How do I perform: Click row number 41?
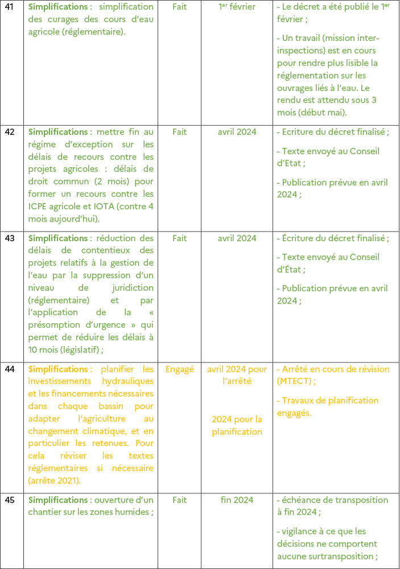tap(10, 7)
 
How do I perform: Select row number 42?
tap(10, 132)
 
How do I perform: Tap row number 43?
tap(10, 238)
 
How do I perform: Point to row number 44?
tap(10, 369)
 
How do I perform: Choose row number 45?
tap(10, 500)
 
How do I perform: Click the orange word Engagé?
tap(179, 369)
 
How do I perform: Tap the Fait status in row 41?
tap(179, 7)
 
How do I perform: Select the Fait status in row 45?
tap(179, 500)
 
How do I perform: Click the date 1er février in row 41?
tap(237, 7)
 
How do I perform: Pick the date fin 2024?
tap(237, 500)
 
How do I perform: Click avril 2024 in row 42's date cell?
tap(237, 132)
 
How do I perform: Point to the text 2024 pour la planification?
tap(237, 426)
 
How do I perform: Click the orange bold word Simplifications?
tap(57, 369)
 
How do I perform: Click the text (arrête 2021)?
tap(55, 481)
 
